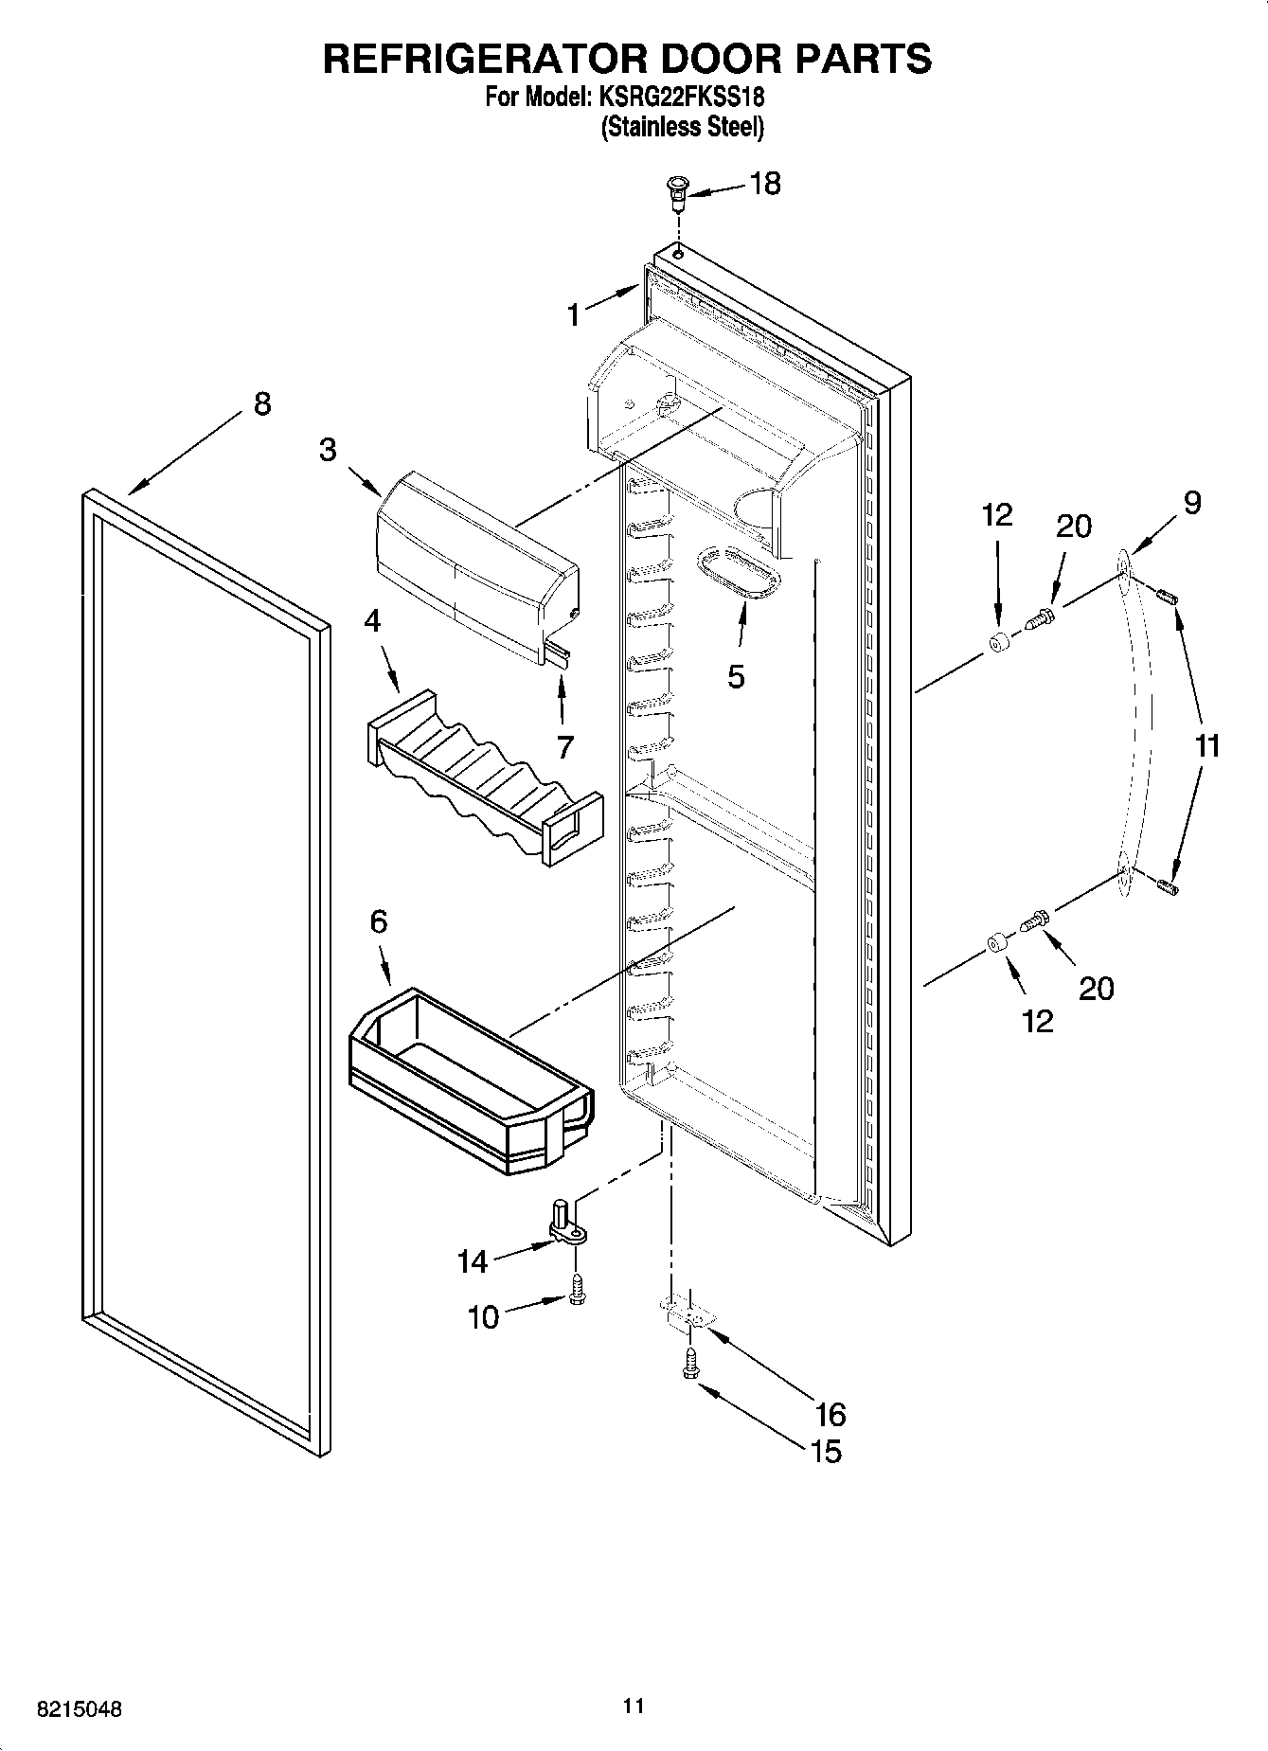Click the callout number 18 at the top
pyautogui.click(x=764, y=183)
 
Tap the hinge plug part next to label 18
pyautogui.click(x=676, y=193)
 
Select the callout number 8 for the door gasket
pyautogui.click(x=262, y=403)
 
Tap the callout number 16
pyautogui.click(x=830, y=1414)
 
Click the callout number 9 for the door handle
pyautogui.click(x=1191, y=502)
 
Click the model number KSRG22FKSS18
pyautogui.click(x=680, y=97)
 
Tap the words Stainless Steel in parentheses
pyautogui.click(x=682, y=127)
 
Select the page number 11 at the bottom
pyautogui.click(x=634, y=1706)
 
